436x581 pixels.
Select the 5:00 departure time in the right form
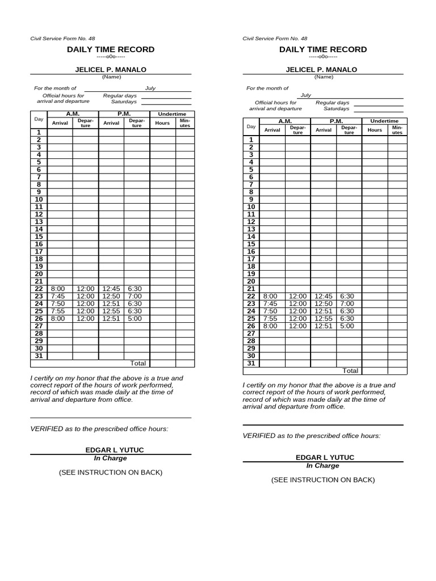pyautogui.click(x=347, y=326)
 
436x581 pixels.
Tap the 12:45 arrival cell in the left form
pyautogui.click(x=111, y=289)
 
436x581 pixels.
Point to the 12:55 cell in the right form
pyautogui.click(x=324, y=318)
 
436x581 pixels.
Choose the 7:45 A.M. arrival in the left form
pyautogui.click(x=58, y=296)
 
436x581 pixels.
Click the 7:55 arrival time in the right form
pyautogui.click(x=271, y=318)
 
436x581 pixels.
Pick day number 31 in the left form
pyautogui.click(x=39, y=356)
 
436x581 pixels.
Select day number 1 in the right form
pyautogui.click(x=251, y=140)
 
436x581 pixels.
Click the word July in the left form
pyautogui.click(x=150, y=89)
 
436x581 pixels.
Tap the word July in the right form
pyautogui.click(x=306, y=96)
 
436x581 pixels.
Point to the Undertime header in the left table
pyautogui.click(x=172, y=114)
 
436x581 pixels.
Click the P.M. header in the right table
pyautogui.click(x=336, y=121)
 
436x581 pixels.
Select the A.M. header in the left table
pyautogui.click(x=73, y=114)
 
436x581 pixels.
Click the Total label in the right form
pyautogui.click(x=350, y=371)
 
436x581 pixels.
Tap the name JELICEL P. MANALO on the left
pyautogui.click(x=111, y=69)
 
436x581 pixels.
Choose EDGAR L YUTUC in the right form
pyautogui.click(x=323, y=457)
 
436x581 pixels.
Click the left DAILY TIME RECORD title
pyautogui.click(x=111, y=49)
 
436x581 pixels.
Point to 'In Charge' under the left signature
pyautogui.click(x=110, y=458)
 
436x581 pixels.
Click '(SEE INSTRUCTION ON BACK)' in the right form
pyautogui.click(x=323, y=479)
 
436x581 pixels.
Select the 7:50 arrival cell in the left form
pyautogui.click(x=58, y=304)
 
